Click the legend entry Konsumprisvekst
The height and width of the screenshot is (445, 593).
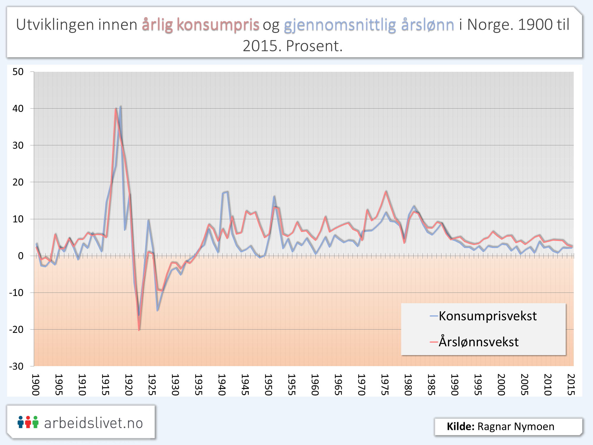[487, 316]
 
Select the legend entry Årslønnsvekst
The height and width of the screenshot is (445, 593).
[479, 342]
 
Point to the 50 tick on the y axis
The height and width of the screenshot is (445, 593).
[18, 72]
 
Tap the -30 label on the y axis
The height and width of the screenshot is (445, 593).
[16, 366]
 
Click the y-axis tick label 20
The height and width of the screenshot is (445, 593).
[18, 182]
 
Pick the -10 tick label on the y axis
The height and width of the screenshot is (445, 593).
[16, 293]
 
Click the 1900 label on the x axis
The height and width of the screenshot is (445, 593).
[36, 385]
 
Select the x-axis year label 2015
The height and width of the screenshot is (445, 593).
[571, 385]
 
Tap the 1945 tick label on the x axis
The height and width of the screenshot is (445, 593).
[245, 385]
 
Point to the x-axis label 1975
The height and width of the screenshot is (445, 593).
[385, 385]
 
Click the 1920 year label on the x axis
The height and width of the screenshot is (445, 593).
[129, 385]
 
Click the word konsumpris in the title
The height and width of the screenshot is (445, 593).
[218, 25]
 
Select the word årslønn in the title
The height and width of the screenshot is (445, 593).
[428, 25]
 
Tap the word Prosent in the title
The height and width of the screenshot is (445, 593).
[314, 46]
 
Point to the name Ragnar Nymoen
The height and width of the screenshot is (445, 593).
[516, 426]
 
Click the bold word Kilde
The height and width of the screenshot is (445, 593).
[460, 426]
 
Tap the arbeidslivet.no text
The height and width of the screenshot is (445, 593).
[93, 423]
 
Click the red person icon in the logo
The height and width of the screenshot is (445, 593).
[28, 422]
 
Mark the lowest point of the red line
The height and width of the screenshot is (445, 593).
[139, 330]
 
